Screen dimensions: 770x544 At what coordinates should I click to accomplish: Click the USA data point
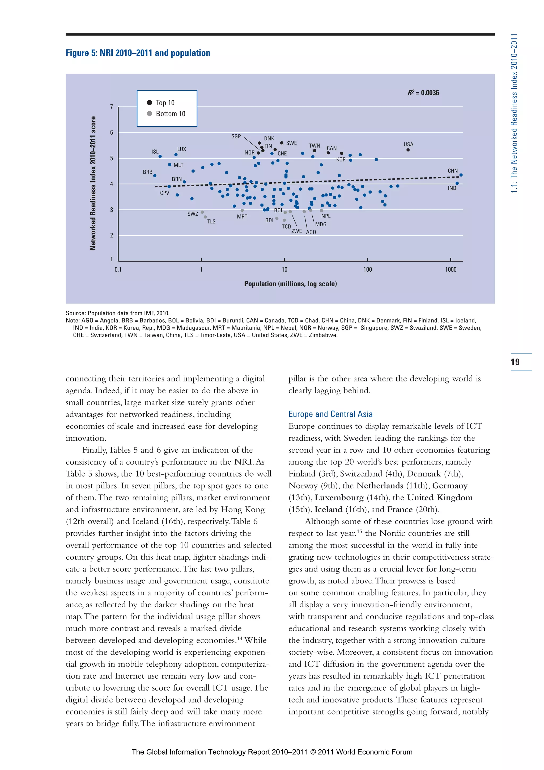[408, 150]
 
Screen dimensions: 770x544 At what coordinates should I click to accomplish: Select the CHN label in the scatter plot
[453, 171]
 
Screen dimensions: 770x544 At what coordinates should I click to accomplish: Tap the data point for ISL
[160, 157]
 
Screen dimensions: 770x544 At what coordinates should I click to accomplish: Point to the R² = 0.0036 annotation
[423, 92]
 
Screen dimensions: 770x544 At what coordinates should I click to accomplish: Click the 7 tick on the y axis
[112, 107]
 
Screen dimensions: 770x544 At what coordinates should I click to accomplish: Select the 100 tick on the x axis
[367, 269]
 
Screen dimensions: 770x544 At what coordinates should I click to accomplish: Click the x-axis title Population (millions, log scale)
[290, 284]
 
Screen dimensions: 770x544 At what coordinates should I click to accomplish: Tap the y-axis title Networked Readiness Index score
[93, 183]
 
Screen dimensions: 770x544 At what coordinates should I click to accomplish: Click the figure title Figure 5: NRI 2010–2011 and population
[138, 53]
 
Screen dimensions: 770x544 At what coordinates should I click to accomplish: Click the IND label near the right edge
[452, 188]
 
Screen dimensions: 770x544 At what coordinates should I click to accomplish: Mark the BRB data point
[155, 176]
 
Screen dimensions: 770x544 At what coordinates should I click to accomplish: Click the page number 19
[515, 362]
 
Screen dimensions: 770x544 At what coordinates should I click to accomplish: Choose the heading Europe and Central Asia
[330, 414]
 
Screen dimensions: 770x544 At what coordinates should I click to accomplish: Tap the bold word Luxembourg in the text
[339, 497]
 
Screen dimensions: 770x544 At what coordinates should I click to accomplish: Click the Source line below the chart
[117, 313]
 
